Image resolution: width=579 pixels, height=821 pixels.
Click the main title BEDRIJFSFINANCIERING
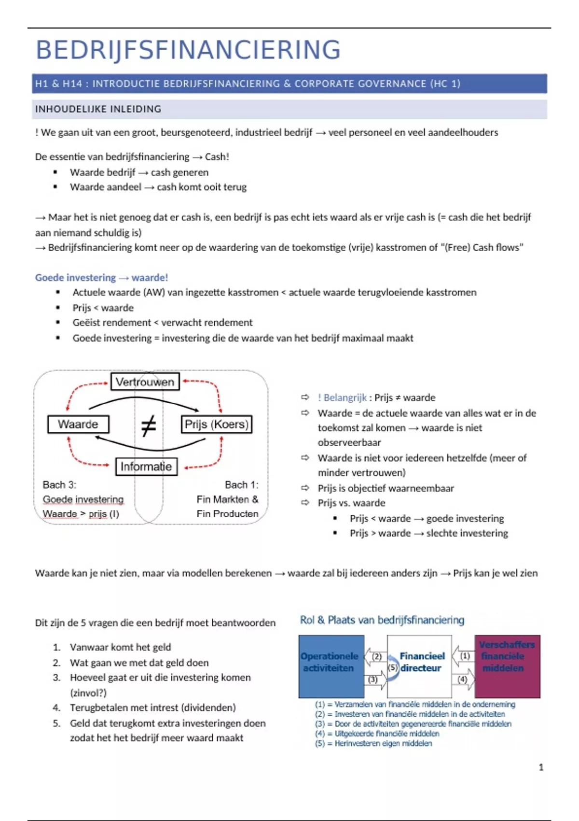pyautogui.click(x=188, y=50)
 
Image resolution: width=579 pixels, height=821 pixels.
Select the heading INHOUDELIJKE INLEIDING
pyautogui.click(x=98, y=109)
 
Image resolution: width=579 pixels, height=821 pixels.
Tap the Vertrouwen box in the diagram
pyautogui.click(x=145, y=382)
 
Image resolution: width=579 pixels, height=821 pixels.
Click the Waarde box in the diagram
pyautogui.click(x=78, y=425)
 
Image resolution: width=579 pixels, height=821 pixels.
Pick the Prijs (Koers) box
pyautogui.click(x=216, y=425)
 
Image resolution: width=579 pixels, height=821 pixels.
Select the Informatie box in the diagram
pyautogui.click(x=146, y=467)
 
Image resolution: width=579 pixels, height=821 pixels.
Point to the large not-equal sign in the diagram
pyautogui.click(x=149, y=425)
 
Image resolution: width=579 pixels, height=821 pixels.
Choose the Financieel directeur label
pyautogui.click(x=421, y=662)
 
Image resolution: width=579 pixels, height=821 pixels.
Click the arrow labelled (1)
pyautogui.click(x=463, y=656)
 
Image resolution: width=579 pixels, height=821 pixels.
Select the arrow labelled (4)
pyautogui.click(x=463, y=679)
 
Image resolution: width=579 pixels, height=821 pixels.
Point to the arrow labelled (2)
pyautogui.click(x=375, y=656)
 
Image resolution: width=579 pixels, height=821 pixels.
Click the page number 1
pyautogui.click(x=541, y=767)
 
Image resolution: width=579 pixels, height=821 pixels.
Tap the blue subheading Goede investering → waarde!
pyautogui.click(x=101, y=278)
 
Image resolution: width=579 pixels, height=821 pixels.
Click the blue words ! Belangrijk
pyautogui.click(x=342, y=398)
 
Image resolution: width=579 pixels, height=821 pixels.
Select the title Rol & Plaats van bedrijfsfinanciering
pyautogui.click(x=382, y=620)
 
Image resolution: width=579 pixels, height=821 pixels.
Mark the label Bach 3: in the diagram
pyautogui.click(x=59, y=485)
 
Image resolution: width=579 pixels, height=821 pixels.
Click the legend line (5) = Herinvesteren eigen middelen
pyautogui.click(x=373, y=744)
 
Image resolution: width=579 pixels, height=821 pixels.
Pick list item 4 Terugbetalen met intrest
pyautogui.click(x=152, y=708)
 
